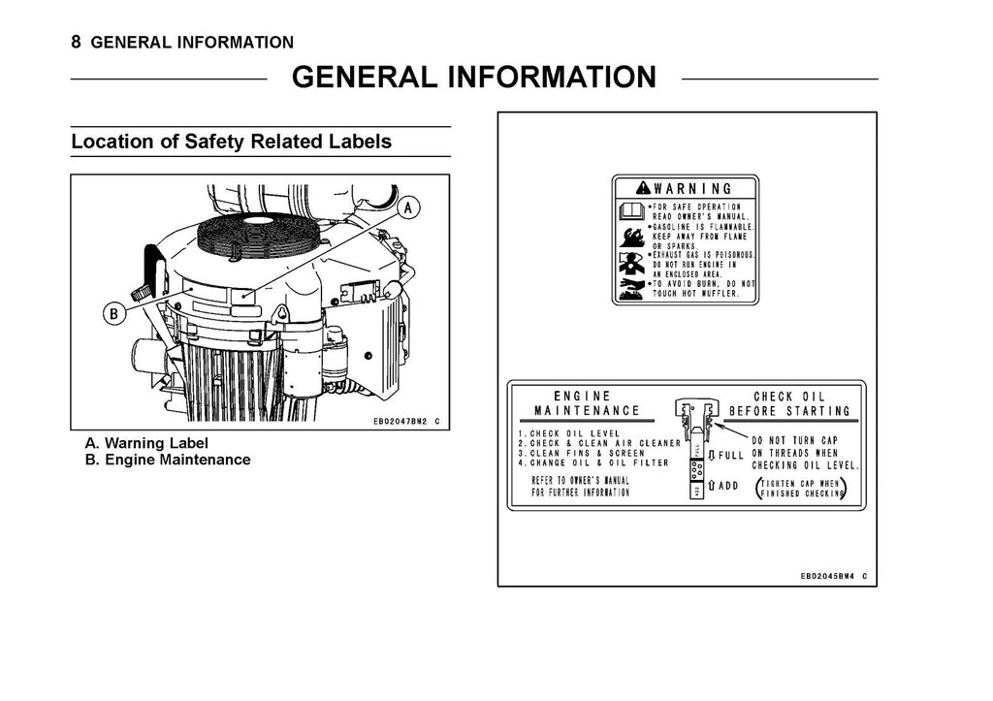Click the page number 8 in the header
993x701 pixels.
tap(77, 42)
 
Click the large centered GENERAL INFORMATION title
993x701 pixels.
tap(473, 78)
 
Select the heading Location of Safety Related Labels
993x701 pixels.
tap(231, 142)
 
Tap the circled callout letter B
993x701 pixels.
tap(114, 314)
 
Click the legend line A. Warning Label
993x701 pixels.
tap(146, 444)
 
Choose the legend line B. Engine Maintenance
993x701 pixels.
tap(168, 460)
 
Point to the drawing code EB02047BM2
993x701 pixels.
tap(399, 422)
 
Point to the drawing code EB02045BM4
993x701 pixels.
tap(826, 576)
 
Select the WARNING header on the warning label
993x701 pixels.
tap(685, 188)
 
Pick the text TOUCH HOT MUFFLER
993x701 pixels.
tap(696, 293)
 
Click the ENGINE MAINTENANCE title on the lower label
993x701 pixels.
tap(582, 403)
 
